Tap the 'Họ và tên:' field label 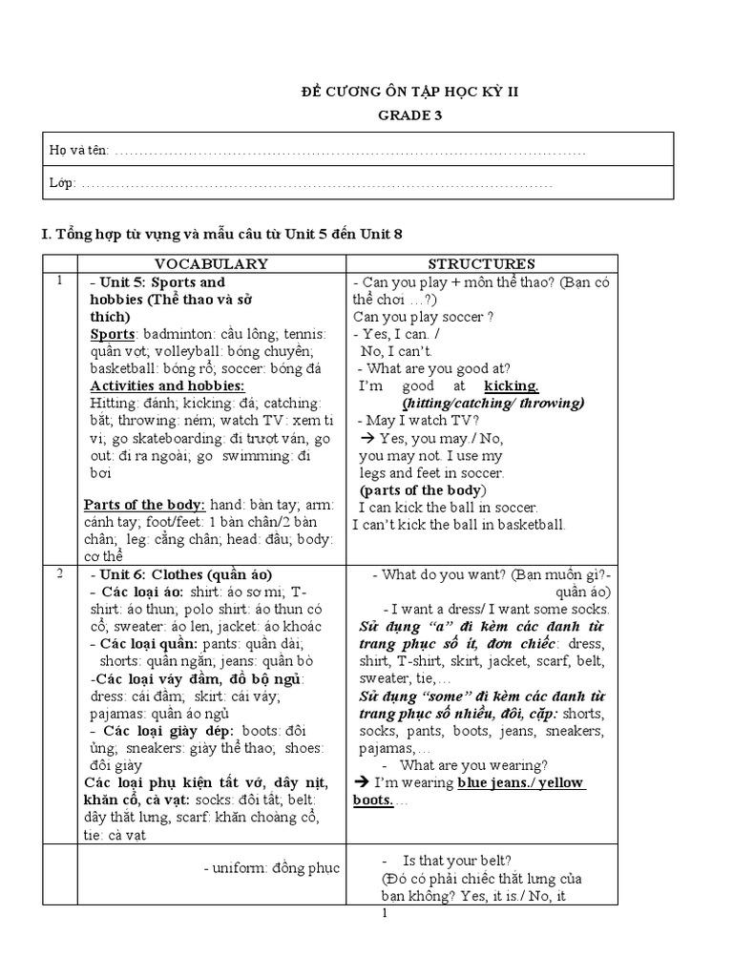pos(79,151)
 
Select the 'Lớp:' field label pos(63,182)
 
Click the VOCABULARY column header pos(212,263)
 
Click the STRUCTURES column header pos(481,263)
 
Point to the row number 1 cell pos(59,281)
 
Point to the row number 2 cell pos(59,573)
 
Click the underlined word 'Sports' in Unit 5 pos(112,334)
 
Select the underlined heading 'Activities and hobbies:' pos(167,385)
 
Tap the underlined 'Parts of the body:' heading pos(143,505)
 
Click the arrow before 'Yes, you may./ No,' pos(366,439)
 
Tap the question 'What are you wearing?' pos(473,765)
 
